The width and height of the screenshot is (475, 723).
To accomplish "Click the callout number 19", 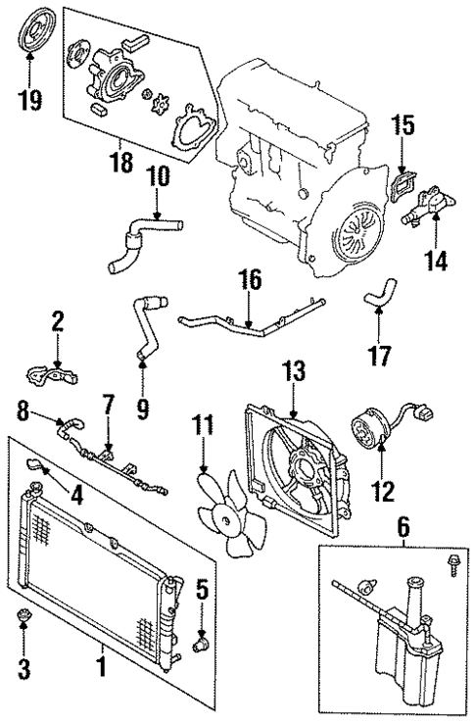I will coord(30,101).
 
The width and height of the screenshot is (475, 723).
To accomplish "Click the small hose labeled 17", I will coord(377,294).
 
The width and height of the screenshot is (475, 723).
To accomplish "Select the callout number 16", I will coord(250,282).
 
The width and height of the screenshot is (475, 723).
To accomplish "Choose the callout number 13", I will coord(294,371).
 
